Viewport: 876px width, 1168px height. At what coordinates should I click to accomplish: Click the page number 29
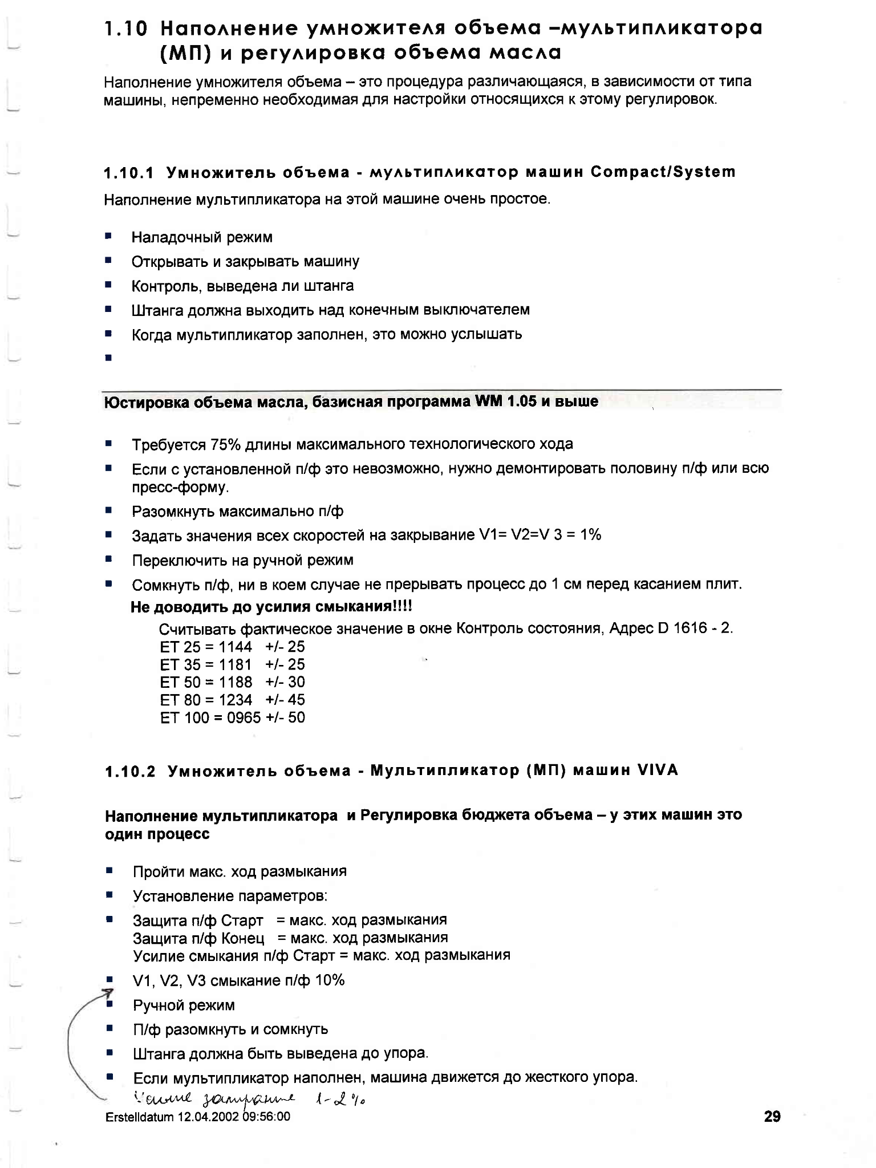coord(772,1116)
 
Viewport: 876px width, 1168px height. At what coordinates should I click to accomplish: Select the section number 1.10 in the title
coord(126,29)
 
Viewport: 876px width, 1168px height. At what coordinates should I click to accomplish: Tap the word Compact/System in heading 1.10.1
coord(663,172)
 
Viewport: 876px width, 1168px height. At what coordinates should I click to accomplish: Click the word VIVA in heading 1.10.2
coord(658,770)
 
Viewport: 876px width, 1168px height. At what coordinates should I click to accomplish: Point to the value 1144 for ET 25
coord(235,647)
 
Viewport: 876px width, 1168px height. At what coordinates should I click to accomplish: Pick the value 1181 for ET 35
coord(235,664)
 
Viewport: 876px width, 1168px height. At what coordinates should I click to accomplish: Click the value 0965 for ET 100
coord(244,717)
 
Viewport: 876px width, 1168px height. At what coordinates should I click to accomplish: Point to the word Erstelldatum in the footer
coord(140,1117)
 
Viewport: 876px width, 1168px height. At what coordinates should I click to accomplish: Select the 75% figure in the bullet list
coord(225,444)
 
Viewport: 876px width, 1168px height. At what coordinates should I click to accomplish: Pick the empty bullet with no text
coord(108,358)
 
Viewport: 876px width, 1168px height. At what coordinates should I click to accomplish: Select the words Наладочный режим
coord(202,237)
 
